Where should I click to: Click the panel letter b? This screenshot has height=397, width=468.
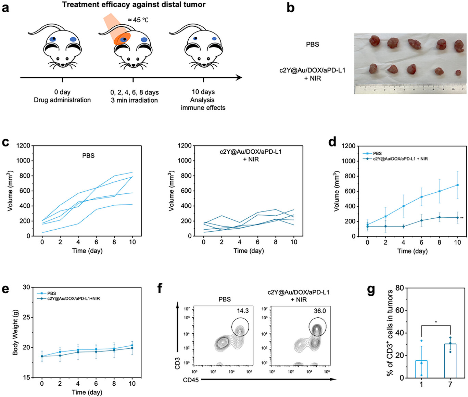pos(290,8)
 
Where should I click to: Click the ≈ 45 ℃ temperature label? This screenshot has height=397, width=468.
pos(138,20)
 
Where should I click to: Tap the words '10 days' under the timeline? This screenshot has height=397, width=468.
pos(203,92)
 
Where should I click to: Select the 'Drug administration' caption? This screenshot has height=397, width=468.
pos(62,100)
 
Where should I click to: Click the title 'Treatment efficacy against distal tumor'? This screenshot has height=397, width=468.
pos(134,5)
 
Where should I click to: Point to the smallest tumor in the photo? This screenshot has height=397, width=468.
pos(458,73)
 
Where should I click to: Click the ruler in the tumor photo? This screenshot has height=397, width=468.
pos(410,88)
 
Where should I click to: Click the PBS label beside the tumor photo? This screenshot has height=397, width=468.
pos(312,44)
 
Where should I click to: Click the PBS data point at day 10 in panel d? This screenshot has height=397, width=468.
pos(457,185)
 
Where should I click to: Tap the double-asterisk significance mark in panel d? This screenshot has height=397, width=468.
pos(462,218)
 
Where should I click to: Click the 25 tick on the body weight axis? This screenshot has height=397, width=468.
pos(26,317)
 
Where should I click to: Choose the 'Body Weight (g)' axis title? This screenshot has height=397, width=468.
pos(15,332)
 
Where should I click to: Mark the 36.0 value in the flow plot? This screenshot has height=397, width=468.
pos(320,311)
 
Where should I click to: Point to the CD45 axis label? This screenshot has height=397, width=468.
pos(191,380)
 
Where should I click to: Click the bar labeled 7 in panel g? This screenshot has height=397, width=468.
pos(450,361)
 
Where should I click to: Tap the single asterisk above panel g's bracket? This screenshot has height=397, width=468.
pos(436,322)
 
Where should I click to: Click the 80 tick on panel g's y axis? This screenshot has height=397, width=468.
pos(399,288)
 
